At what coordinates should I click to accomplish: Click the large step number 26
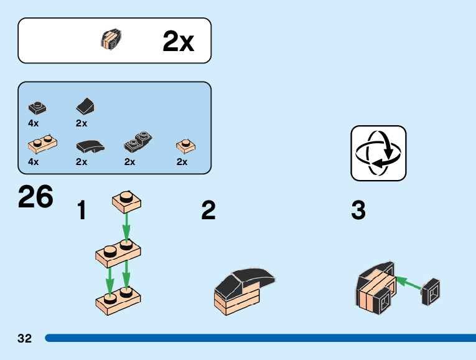click(x=36, y=197)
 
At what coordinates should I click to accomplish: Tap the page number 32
click(x=24, y=338)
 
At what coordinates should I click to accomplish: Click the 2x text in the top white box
click(x=178, y=42)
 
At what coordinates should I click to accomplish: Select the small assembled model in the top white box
click(x=111, y=40)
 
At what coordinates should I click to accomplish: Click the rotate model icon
click(x=378, y=153)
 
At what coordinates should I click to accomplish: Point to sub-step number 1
click(x=82, y=211)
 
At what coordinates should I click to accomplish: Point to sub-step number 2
click(x=208, y=211)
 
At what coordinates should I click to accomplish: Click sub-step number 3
click(x=358, y=211)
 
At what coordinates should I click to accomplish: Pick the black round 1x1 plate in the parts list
click(x=37, y=107)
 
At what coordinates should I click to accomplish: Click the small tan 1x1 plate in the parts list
click(x=185, y=146)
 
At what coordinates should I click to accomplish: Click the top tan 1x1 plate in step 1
click(x=127, y=201)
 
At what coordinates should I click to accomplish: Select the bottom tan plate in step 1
click(x=118, y=300)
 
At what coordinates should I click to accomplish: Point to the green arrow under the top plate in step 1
click(x=126, y=227)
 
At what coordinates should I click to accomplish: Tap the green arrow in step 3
click(x=408, y=283)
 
